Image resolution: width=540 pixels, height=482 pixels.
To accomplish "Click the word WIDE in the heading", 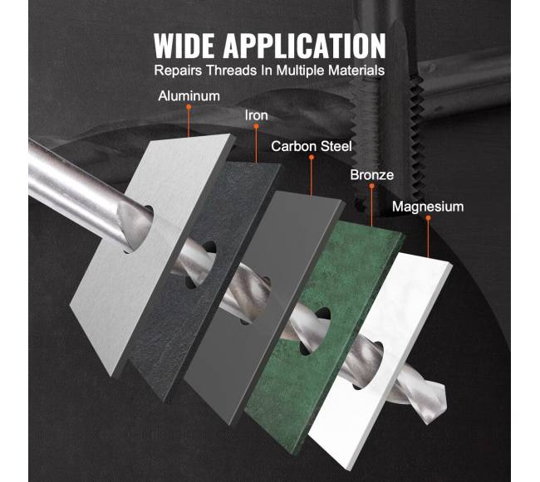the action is click(184, 46).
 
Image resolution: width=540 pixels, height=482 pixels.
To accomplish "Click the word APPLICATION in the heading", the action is click(304, 46).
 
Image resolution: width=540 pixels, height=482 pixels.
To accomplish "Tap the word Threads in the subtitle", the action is click(232, 71).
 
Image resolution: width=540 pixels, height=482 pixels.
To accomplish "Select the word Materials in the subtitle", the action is click(356, 71).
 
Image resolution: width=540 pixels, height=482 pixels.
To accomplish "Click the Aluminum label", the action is click(189, 96).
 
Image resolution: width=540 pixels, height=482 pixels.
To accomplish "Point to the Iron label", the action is click(256, 115).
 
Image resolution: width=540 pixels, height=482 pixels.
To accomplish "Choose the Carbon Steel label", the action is click(312, 146).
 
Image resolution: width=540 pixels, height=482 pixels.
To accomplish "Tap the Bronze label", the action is click(371, 175).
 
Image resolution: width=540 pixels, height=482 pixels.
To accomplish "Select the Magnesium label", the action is click(428, 207).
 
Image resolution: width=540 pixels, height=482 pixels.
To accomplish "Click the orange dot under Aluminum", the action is click(189, 107).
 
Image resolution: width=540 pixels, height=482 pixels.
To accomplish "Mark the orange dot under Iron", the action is click(256, 127).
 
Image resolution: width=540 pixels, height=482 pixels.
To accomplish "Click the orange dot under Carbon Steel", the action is click(312, 158).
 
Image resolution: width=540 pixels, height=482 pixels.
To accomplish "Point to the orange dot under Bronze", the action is click(371, 186).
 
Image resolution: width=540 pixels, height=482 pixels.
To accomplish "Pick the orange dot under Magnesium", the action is click(428, 218).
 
